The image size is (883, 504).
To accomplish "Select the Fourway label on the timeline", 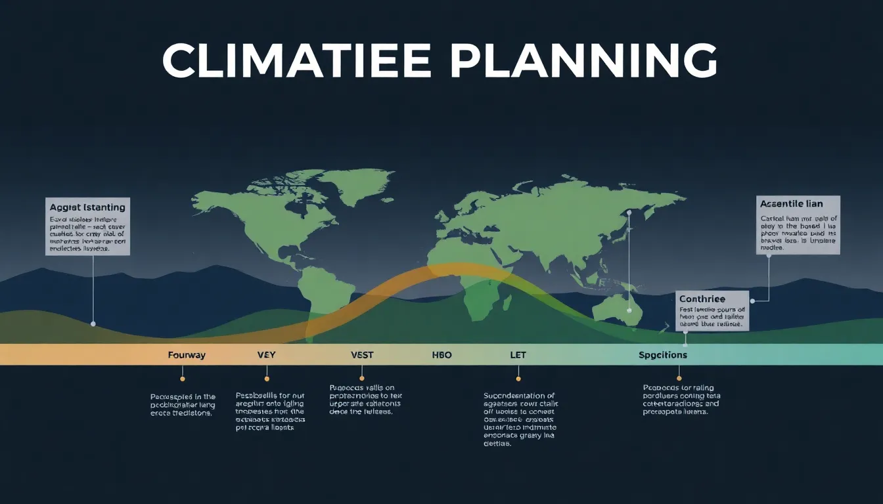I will click(187, 355).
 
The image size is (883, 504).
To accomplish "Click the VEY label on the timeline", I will click(267, 355).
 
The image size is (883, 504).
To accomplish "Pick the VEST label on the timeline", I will click(362, 355).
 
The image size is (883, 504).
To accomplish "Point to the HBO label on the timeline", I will click(442, 355).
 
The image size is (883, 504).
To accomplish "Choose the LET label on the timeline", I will click(518, 355).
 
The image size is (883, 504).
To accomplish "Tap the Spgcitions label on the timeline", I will click(663, 355).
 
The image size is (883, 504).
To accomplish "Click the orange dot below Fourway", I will click(183, 379).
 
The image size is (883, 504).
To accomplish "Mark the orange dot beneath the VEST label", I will click(362, 378).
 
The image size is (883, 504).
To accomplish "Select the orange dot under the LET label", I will click(518, 379).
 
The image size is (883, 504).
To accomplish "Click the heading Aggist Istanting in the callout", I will click(87, 207).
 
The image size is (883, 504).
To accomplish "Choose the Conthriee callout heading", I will click(702, 299).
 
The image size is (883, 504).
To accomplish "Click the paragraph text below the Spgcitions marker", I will click(681, 400).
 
